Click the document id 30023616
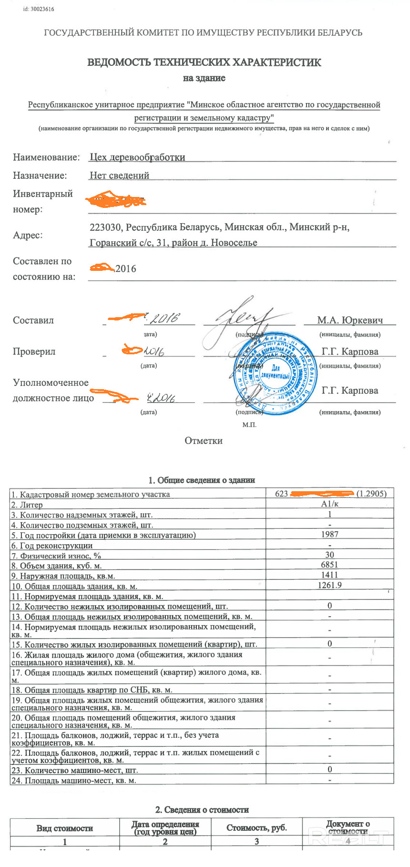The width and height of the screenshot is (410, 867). [38, 9]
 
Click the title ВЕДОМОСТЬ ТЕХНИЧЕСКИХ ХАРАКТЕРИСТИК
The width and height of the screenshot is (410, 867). [204, 62]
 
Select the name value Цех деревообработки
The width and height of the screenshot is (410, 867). [137, 157]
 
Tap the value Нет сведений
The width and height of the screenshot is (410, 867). [119, 175]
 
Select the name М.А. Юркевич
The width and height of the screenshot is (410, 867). [350, 320]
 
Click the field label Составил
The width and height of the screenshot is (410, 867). [33, 320]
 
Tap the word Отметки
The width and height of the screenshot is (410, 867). [204, 441]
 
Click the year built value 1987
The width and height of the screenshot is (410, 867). [329, 535]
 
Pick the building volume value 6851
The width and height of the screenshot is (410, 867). [329, 565]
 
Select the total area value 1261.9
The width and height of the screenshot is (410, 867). [329, 585]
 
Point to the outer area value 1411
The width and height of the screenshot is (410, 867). [329, 575]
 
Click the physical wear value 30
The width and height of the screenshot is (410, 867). [329, 555]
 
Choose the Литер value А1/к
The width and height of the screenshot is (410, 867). [329, 504]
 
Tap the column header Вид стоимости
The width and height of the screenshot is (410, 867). [64, 828]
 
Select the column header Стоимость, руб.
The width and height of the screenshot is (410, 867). [256, 828]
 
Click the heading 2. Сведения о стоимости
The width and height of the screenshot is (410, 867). [202, 810]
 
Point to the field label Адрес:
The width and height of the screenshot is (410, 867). [28, 235]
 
